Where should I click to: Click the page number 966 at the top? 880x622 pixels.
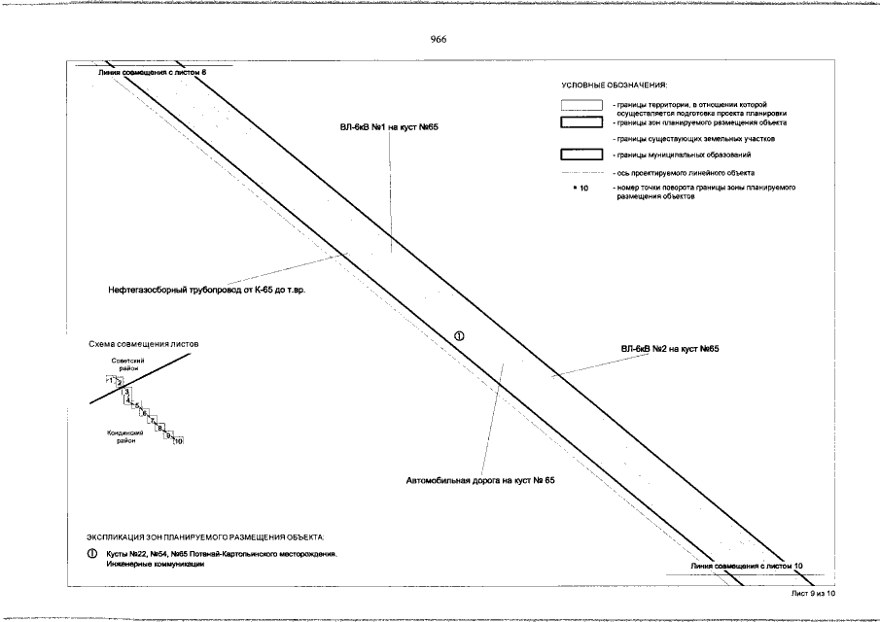438,39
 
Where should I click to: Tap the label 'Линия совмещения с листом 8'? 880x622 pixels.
154,72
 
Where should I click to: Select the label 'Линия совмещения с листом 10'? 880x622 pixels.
747,565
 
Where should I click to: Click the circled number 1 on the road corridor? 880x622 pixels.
459,335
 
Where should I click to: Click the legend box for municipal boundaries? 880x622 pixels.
582,155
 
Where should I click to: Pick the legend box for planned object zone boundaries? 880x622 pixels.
582,122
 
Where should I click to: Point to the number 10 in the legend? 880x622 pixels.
584,188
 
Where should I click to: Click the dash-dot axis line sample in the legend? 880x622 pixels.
582,171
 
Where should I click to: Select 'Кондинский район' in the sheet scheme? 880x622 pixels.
125,436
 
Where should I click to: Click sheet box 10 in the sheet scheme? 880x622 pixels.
178,442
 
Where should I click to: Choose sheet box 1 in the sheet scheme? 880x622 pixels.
110,379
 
